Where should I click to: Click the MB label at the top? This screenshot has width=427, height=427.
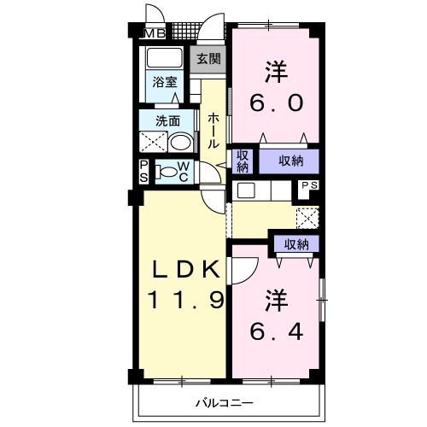(x=155, y=33)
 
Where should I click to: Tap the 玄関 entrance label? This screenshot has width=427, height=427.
(x=208, y=59)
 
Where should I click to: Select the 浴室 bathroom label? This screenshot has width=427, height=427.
(x=164, y=82)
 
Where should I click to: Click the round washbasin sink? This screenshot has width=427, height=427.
(x=179, y=142)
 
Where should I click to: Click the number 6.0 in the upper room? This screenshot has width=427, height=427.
(x=275, y=103)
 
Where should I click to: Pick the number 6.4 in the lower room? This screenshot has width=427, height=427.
(x=275, y=330)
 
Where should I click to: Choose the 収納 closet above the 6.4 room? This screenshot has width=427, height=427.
(x=296, y=244)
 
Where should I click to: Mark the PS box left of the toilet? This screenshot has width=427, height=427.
(x=143, y=170)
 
